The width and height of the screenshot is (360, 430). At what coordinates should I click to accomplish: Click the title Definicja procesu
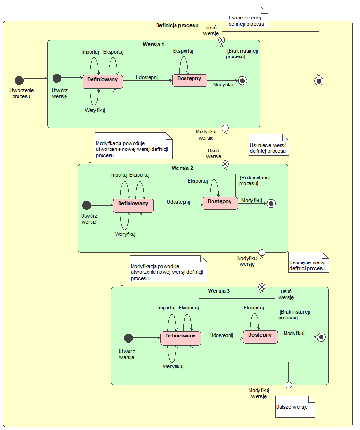click(177, 25)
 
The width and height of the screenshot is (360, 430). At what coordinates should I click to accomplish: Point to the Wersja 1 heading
click(153, 45)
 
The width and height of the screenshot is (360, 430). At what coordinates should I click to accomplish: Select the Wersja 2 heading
click(183, 168)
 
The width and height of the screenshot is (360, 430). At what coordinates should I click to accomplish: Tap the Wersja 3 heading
click(219, 291)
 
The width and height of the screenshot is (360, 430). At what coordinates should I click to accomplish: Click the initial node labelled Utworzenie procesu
click(19, 79)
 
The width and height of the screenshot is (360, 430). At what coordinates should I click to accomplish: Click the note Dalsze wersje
click(294, 407)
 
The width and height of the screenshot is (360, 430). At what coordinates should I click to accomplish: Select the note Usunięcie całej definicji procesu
click(247, 18)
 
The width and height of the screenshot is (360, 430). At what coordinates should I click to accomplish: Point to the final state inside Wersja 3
click(321, 337)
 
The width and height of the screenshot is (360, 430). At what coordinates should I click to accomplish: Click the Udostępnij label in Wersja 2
click(178, 202)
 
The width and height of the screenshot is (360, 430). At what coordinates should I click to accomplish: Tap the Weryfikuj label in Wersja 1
click(95, 110)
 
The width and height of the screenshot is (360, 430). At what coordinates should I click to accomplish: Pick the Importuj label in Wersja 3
click(167, 308)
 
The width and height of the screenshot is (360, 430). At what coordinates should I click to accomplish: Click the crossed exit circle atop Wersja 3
click(262, 287)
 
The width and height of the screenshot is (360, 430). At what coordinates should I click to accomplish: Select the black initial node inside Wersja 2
click(86, 205)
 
